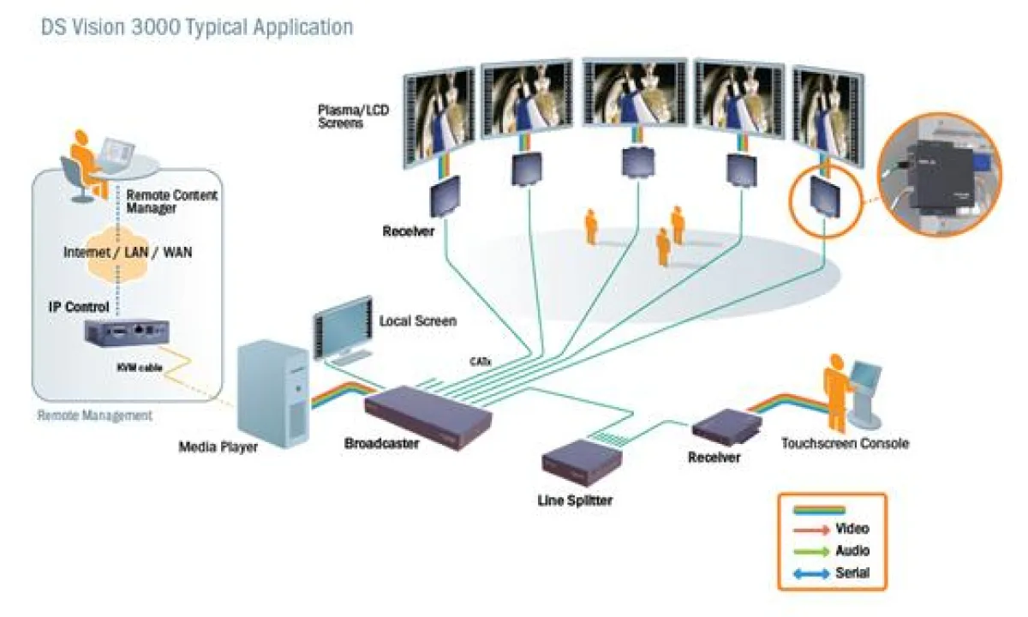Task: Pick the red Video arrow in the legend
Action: point(813,530)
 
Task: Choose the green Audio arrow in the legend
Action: point(813,552)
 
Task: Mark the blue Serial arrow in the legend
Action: point(813,574)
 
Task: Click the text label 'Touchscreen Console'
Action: point(845,444)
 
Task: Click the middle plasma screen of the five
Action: point(634,100)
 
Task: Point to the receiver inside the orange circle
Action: point(824,197)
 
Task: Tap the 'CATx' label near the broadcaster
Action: point(480,361)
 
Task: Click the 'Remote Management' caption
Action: point(94,416)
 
